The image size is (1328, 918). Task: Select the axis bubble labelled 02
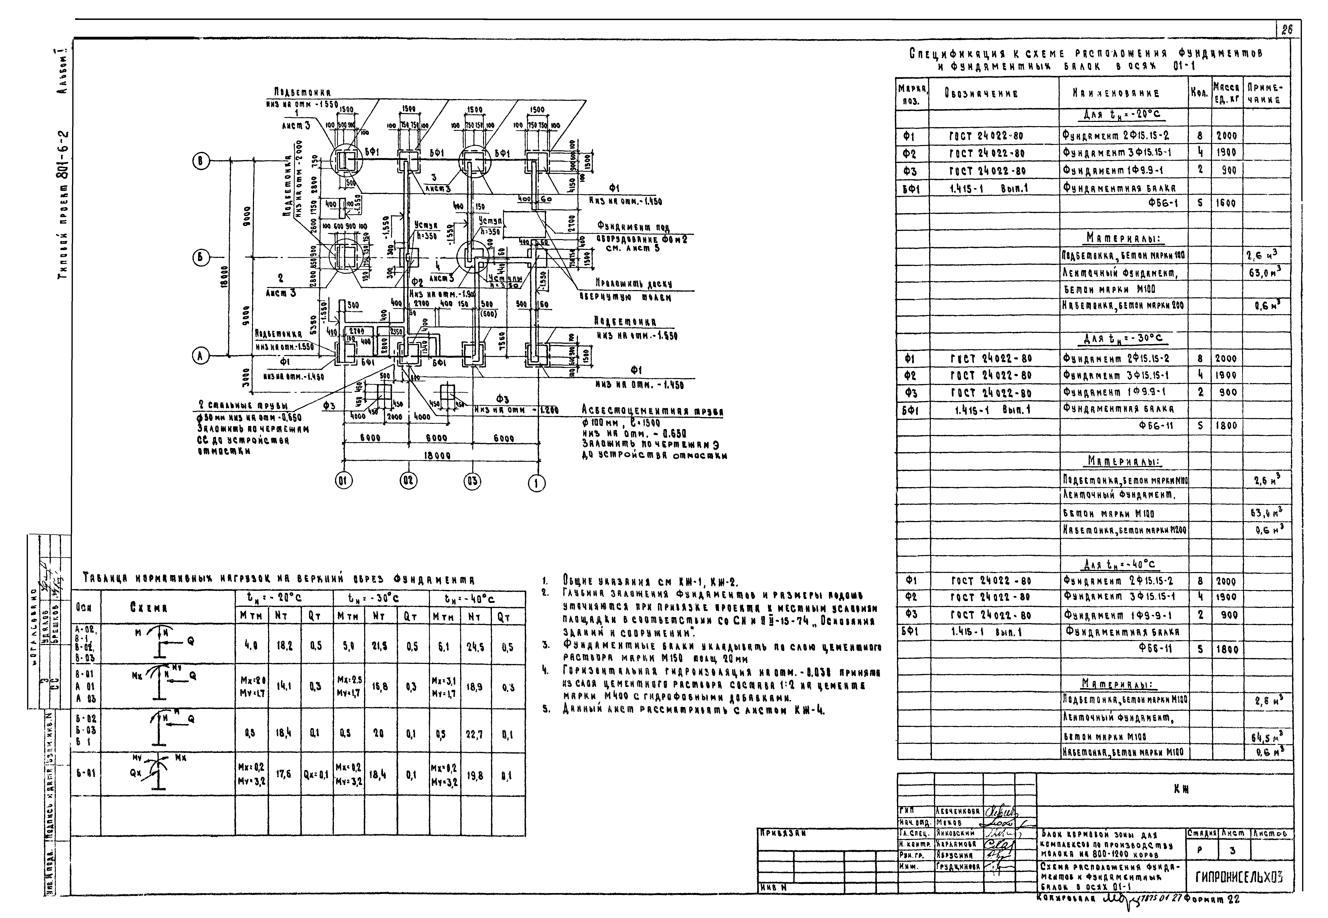(408, 481)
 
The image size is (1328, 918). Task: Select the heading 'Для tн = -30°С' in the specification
(1123, 339)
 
